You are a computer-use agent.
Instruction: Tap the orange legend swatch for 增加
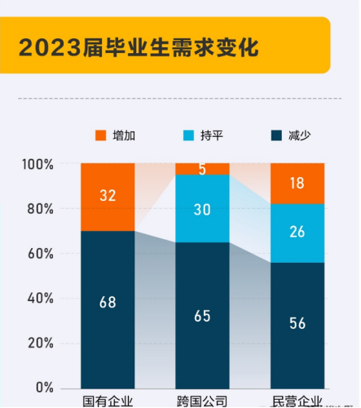tap(101, 135)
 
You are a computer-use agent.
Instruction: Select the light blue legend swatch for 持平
tap(190, 135)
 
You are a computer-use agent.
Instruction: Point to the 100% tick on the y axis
tap(37, 164)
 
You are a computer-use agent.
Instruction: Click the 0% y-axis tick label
tap(43, 387)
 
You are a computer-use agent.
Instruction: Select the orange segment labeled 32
tap(108, 197)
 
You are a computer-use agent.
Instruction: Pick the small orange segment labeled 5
tap(202, 169)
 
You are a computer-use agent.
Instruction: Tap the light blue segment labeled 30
tap(202, 209)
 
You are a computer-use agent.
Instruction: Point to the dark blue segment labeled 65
tap(202, 315)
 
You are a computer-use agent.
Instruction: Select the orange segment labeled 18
tap(297, 184)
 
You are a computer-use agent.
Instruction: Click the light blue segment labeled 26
tap(297, 233)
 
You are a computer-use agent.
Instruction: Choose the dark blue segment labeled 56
tap(297, 325)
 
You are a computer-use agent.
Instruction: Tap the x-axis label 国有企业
tap(108, 401)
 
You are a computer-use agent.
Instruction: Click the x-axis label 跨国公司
tap(202, 401)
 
